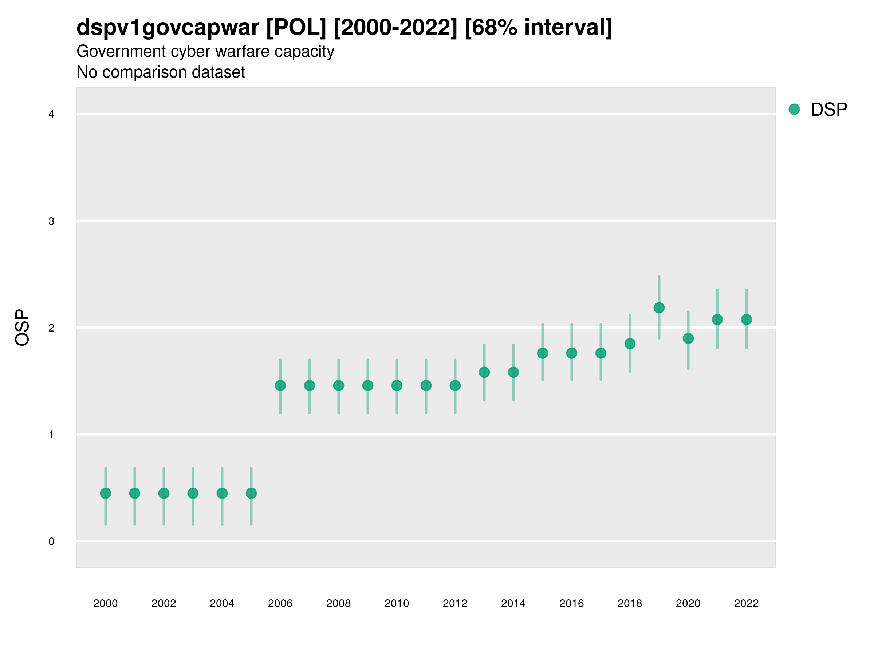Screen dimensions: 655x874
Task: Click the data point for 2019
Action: pyautogui.click(x=659, y=308)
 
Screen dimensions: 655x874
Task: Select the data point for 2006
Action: pyautogui.click(x=280, y=385)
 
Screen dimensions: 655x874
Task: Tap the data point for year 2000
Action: pyautogui.click(x=106, y=493)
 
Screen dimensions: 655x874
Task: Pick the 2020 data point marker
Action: pyautogui.click(x=688, y=338)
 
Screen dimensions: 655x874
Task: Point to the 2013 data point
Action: pyautogui.click(x=484, y=372)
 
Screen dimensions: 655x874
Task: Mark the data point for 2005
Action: pyautogui.click(x=251, y=493)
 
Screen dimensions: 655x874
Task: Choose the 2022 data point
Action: pyautogui.click(x=747, y=319)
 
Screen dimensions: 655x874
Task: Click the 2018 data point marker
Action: pyautogui.click(x=630, y=344)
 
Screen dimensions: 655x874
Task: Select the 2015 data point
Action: pyautogui.click(x=543, y=353)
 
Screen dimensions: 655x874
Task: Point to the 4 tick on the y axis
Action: pyautogui.click(x=51, y=115)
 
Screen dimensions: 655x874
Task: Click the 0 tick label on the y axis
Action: pyautogui.click(x=51, y=541)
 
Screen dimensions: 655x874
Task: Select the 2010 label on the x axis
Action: pyautogui.click(x=397, y=603)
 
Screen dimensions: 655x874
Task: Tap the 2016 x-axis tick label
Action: pyautogui.click(x=571, y=603)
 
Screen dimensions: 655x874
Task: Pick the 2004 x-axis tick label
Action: pyautogui.click(x=222, y=603)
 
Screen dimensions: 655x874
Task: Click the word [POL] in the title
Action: pyautogui.click(x=296, y=28)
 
